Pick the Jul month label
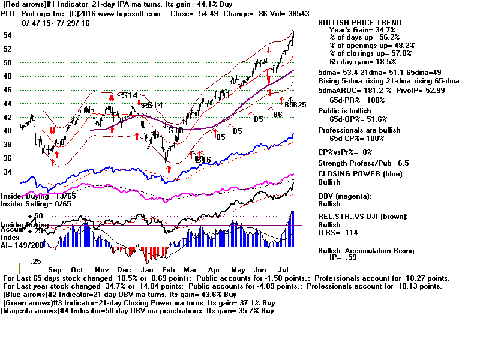(x=282, y=270)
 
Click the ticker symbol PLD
(x=10, y=13)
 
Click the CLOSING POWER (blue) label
(x=361, y=175)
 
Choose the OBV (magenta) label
(x=349, y=196)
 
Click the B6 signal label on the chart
(x=277, y=114)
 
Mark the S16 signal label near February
(x=176, y=130)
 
